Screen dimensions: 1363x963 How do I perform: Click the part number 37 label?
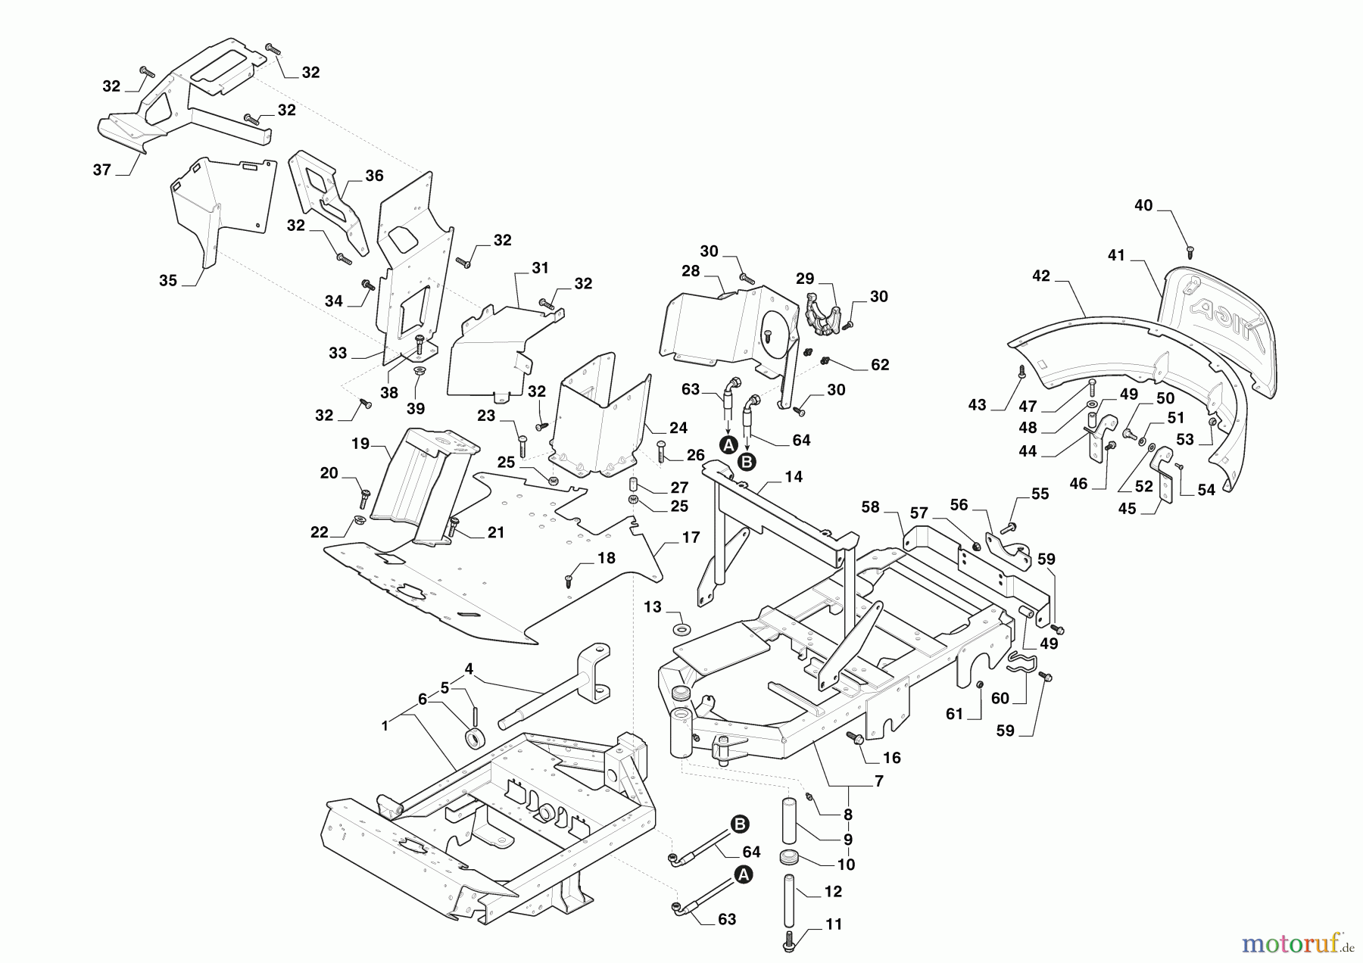pyautogui.click(x=102, y=170)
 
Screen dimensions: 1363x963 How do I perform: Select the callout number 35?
pyautogui.click(x=168, y=281)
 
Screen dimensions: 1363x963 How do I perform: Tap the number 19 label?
pyautogui.click(x=360, y=444)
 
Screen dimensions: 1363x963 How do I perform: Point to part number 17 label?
pyautogui.click(x=691, y=538)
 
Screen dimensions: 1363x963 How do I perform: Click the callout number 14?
pyautogui.click(x=794, y=477)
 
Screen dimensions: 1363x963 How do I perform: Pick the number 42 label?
pyautogui.click(x=1041, y=276)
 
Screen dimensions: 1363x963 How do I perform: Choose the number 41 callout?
pyautogui.click(x=1117, y=256)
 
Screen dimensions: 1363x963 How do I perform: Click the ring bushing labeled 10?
pyautogui.click(x=790, y=860)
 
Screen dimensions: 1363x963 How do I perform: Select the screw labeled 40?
pyautogui.click(x=1189, y=248)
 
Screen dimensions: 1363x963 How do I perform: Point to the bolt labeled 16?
pyautogui.click(x=856, y=739)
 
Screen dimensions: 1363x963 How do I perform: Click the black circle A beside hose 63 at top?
pyautogui.click(x=728, y=445)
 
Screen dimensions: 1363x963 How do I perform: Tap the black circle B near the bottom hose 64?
pyautogui.click(x=740, y=824)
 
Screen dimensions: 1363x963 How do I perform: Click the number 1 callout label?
pyautogui.click(x=385, y=726)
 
